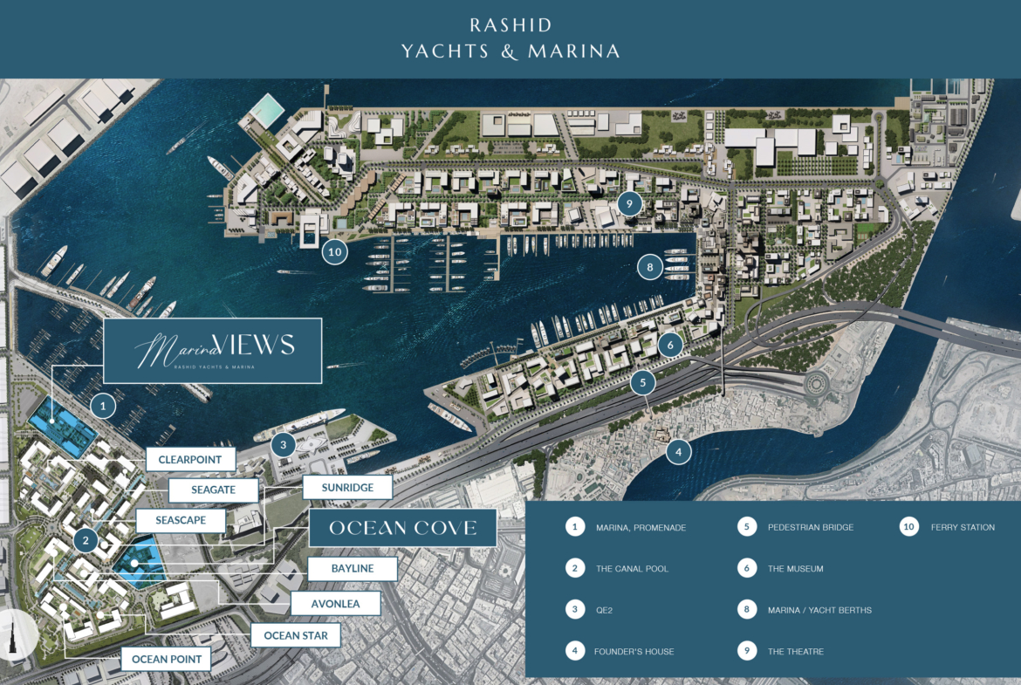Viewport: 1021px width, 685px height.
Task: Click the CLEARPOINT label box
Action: tap(189, 460)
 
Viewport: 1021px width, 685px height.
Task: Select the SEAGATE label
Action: tap(213, 490)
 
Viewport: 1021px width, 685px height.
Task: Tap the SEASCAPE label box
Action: tap(181, 521)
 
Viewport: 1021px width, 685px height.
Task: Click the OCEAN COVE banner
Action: tap(402, 528)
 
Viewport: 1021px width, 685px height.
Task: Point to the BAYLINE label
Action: tap(352, 569)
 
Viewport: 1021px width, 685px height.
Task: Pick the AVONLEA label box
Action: tap(335, 603)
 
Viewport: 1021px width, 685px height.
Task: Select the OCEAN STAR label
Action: tap(295, 635)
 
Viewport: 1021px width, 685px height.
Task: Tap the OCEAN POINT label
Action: tap(166, 659)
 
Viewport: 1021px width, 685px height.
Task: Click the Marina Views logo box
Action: tap(213, 351)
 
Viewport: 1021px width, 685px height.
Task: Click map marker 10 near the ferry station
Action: tap(334, 252)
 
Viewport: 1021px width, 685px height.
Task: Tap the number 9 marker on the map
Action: tap(628, 203)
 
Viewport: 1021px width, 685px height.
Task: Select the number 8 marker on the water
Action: tap(648, 265)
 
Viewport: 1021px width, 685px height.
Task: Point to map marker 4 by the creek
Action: tap(678, 452)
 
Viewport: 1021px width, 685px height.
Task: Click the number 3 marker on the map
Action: tap(283, 444)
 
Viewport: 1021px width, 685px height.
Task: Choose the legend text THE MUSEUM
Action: tap(795, 569)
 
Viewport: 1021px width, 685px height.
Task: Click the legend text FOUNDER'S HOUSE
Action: tap(634, 652)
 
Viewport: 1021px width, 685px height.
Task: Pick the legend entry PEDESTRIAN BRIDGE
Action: tap(811, 527)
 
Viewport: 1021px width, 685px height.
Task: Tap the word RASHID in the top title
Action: tap(510, 25)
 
